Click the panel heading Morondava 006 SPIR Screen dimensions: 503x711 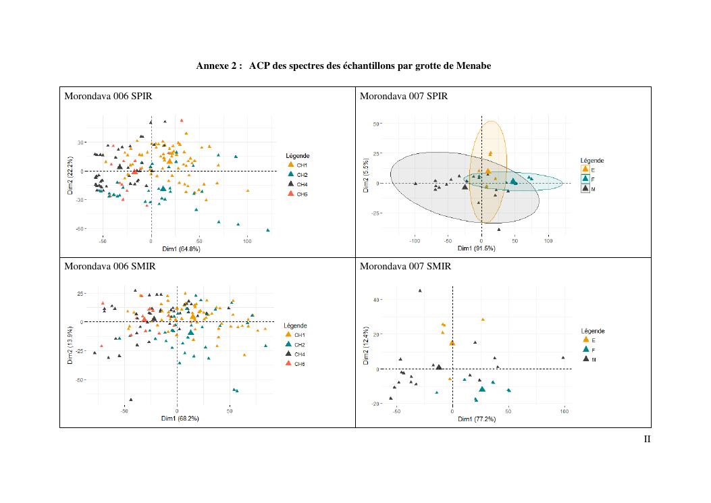pos(108,96)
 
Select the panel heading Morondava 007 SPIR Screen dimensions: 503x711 pos(403,96)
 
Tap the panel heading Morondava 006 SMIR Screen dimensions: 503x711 pos(109,266)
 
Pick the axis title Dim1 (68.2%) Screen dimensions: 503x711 pos(180,419)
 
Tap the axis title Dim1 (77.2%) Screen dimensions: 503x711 pos(476,419)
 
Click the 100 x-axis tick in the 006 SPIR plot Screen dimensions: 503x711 pos(247,241)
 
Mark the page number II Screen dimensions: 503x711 pos(647,440)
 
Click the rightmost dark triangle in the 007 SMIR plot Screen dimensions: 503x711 pos(563,358)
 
